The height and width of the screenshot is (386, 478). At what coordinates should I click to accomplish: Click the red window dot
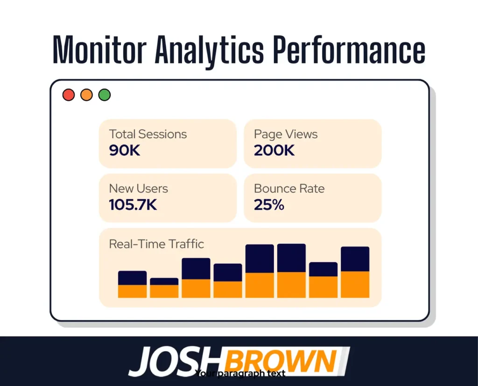click(69, 95)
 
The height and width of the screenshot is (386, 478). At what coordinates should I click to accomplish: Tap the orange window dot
click(86, 95)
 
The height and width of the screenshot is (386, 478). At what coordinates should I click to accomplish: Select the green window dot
click(105, 95)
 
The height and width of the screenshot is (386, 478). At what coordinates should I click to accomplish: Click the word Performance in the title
click(349, 49)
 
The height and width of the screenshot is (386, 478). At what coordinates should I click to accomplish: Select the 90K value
click(125, 151)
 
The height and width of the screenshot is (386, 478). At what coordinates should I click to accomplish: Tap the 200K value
click(274, 151)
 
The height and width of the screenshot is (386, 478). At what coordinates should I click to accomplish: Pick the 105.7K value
click(133, 205)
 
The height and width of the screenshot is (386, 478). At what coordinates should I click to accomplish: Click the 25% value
click(269, 205)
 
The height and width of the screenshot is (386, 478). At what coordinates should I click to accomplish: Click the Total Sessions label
click(148, 134)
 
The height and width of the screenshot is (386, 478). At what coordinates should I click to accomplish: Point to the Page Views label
click(286, 134)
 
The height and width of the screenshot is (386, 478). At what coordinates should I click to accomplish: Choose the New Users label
click(139, 189)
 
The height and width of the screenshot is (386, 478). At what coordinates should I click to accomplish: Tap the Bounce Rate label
click(289, 189)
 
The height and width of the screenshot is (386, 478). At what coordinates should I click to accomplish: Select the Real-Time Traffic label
click(156, 244)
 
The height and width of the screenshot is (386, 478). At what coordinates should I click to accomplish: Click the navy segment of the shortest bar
click(164, 281)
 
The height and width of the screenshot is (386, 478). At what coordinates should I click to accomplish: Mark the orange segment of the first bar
click(133, 291)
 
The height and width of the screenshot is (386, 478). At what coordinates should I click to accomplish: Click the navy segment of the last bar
click(355, 259)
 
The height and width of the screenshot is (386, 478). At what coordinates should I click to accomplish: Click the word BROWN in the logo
click(281, 361)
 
